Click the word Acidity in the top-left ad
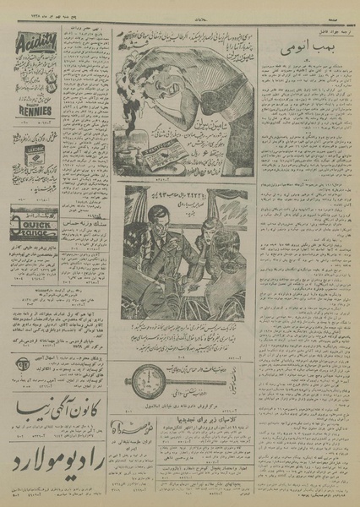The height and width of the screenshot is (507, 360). (x=35, y=40)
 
